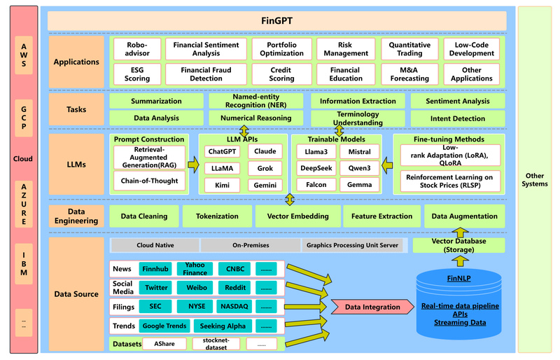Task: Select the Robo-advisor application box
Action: [137, 48]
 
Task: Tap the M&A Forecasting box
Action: [409, 74]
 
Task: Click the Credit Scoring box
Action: [281, 74]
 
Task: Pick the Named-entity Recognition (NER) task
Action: [256, 101]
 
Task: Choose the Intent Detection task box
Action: [458, 118]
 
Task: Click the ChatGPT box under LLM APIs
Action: [222, 152]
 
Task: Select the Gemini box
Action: [265, 185]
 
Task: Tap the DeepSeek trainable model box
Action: [316, 168]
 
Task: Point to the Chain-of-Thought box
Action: [149, 181]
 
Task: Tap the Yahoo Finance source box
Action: [196, 269]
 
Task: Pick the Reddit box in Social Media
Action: [235, 288]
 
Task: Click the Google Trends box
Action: [164, 326]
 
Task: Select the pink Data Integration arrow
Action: [372, 307]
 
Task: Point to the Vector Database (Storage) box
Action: [459, 245]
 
